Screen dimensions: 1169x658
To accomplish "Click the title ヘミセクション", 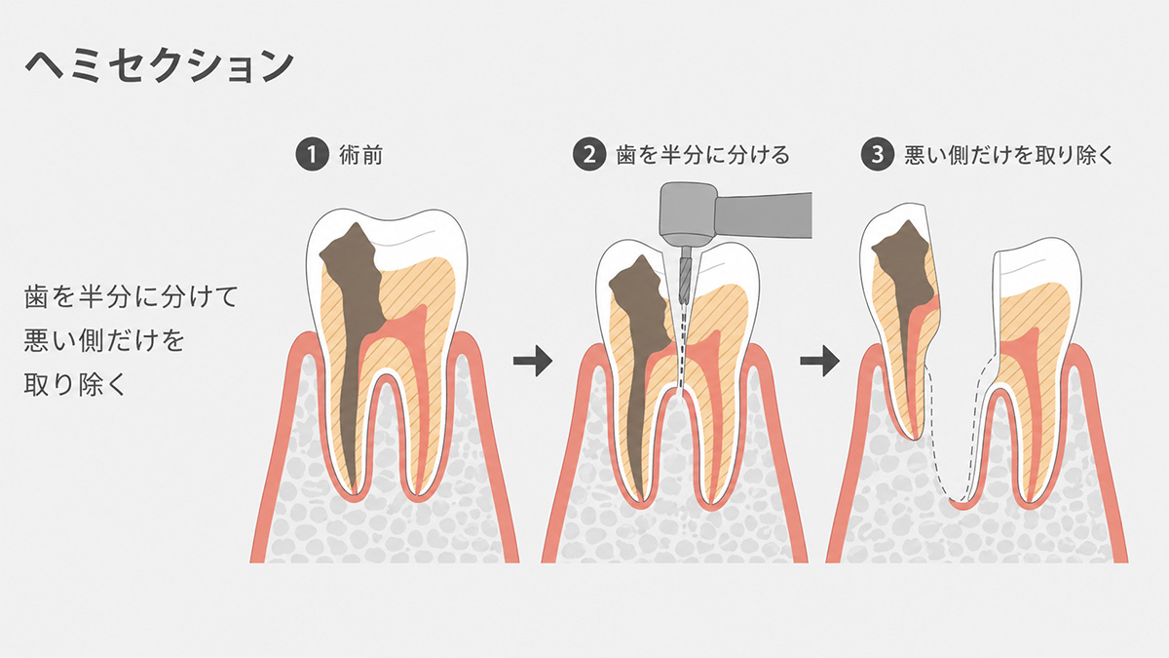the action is (159, 66).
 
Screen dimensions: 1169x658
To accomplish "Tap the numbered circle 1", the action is (312, 155).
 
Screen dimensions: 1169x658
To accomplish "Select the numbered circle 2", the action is (589, 155).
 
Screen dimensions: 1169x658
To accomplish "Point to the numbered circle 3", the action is (878, 155).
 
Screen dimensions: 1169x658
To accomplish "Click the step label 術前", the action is (361, 155).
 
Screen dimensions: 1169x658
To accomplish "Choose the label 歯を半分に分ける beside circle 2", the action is (703, 155).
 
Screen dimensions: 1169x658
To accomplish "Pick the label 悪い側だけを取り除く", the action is (1009, 155).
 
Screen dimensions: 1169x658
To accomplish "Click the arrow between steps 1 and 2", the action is (533, 361).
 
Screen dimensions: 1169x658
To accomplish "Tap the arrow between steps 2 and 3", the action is (820, 361).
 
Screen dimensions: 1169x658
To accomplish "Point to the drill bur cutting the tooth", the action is (685, 275).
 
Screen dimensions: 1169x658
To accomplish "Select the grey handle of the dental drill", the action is (763, 215).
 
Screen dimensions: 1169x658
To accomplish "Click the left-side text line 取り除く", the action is (75, 384).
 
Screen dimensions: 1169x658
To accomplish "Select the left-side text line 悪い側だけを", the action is (104, 340).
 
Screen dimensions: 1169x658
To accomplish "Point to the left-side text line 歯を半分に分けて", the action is (131, 296).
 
